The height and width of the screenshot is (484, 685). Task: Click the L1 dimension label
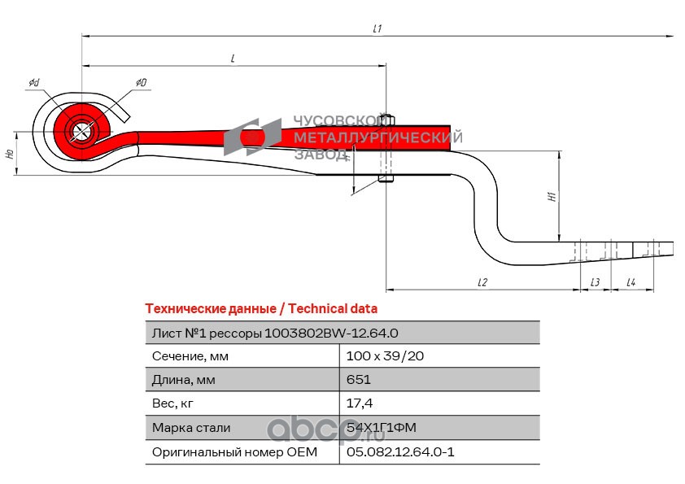377,28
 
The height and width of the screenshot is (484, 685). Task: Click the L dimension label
233,59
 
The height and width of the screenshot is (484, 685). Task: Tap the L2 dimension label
482,282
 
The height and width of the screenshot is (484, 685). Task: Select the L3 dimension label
595,282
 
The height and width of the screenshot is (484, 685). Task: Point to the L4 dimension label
630,282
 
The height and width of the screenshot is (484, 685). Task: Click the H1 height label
552,197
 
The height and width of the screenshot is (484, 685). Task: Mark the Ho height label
10,154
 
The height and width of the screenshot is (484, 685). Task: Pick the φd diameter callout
34,82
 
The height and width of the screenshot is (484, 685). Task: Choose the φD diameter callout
141,82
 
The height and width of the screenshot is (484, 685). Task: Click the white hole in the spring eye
80,130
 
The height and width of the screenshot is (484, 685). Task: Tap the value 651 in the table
359,379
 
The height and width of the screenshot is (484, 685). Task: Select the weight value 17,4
360,403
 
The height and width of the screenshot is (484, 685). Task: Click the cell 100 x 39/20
385,356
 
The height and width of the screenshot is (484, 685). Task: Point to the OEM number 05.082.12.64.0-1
400,451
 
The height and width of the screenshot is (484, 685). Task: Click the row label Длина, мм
184,380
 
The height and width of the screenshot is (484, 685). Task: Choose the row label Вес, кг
172,403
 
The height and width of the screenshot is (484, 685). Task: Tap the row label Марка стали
191,428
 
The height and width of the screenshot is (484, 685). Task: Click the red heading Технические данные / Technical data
261,309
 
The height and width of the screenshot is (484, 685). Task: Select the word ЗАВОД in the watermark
321,155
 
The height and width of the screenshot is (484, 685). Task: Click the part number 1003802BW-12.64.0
331,334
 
